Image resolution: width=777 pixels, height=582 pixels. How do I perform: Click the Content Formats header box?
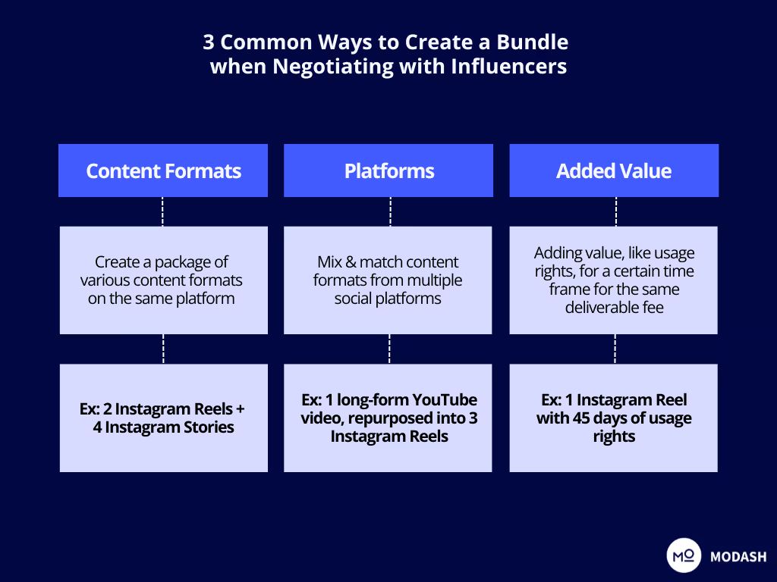click(163, 171)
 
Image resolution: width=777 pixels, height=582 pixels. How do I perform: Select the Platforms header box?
click(388, 171)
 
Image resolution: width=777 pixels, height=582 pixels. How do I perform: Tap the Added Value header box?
click(613, 171)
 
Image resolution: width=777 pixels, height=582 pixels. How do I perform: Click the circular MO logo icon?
click(684, 555)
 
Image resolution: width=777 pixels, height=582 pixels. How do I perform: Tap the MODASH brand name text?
click(738, 557)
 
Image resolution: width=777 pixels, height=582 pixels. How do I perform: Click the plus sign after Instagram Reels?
click(241, 409)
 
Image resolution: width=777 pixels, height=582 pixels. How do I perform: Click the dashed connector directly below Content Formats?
click(163, 211)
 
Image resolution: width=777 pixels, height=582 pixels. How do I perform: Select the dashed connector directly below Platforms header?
click(389, 211)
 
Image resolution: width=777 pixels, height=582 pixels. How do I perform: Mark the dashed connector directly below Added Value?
click(615, 211)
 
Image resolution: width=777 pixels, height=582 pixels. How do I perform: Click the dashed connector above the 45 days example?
click(615, 349)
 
